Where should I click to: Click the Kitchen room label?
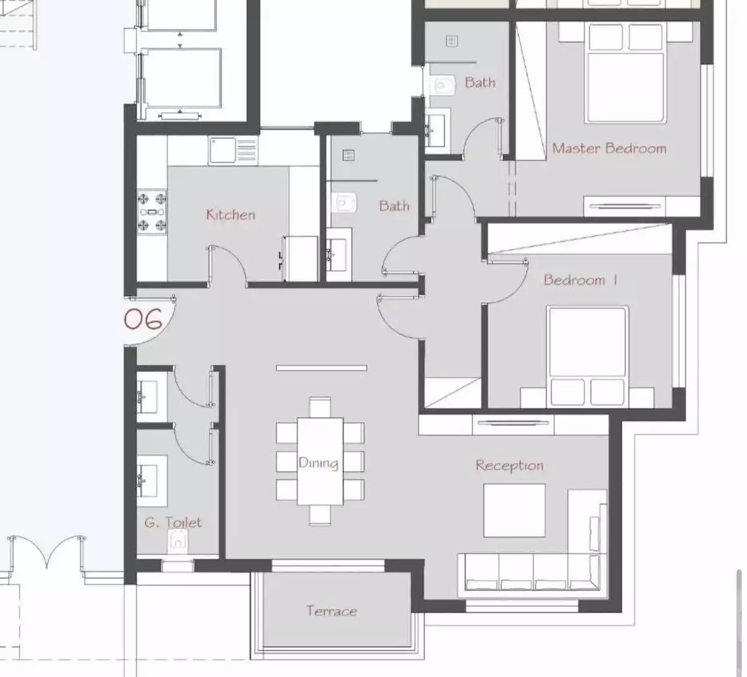click(230, 215)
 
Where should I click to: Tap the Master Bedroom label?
click(609, 148)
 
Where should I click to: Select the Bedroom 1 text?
click(580, 280)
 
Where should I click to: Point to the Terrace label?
click(331, 611)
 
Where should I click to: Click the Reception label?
click(509, 465)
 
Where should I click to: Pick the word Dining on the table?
click(318, 463)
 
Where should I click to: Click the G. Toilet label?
click(173, 522)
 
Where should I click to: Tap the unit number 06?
click(143, 319)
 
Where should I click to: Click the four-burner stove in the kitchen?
click(153, 212)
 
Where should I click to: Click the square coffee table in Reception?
click(514, 510)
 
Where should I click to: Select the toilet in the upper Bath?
click(443, 85)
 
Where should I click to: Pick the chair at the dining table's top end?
click(320, 408)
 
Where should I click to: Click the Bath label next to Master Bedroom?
click(480, 82)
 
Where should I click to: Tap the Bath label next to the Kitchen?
click(394, 205)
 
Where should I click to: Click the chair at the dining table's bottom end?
click(320, 514)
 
